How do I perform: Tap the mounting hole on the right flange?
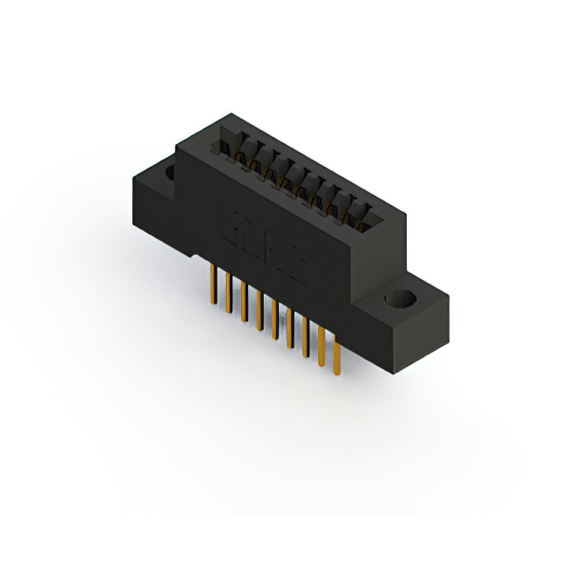(x=399, y=300)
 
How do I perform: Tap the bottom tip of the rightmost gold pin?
(x=337, y=373)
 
